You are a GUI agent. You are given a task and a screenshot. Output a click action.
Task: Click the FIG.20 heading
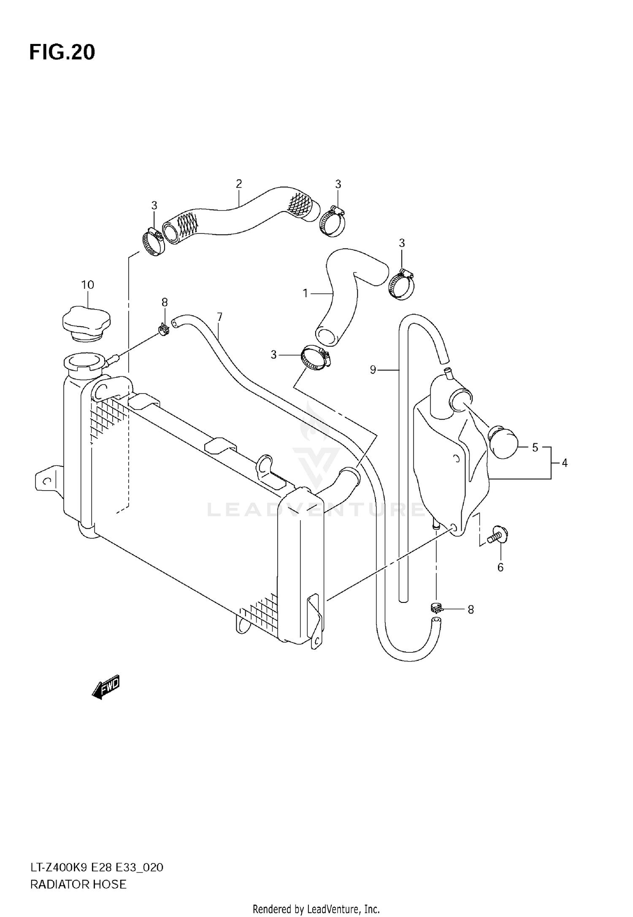click(62, 53)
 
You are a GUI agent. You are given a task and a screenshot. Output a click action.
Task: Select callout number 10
click(87, 285)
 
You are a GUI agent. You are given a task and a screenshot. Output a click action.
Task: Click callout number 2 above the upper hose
click(239, 184)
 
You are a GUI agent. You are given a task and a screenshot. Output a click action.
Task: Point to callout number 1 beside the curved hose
click(306, 293)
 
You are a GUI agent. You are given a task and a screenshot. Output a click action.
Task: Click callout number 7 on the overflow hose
click(219, 317)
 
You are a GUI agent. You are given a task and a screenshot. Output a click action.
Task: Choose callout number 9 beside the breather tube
click(373, 370)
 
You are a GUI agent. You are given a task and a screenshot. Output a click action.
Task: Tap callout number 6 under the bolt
click(500, 567)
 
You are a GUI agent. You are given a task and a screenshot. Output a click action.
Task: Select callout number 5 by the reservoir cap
click(535, 448)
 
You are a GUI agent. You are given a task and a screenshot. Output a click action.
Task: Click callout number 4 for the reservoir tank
click(565, 463)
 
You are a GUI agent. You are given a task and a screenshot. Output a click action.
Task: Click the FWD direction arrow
click(106, 687)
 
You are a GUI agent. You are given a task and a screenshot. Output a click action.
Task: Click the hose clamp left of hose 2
click(152, 242)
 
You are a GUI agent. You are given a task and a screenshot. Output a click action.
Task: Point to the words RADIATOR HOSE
click(78, 884)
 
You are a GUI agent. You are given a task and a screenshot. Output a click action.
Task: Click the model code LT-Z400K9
click(59, 868)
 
